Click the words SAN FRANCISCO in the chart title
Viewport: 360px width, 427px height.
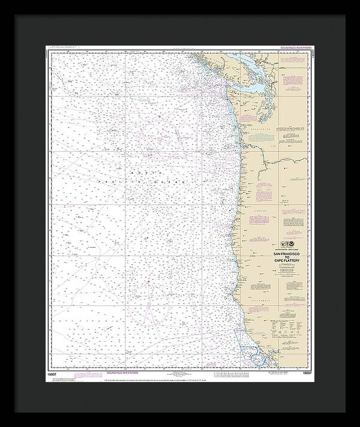tap(281, 251)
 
